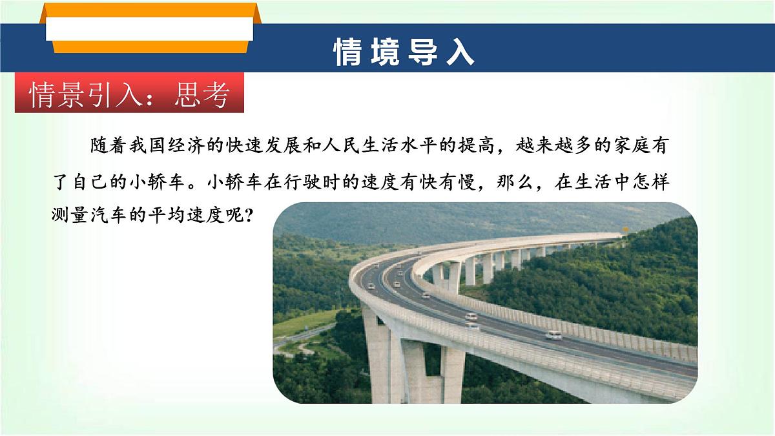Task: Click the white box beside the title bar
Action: (x=150, y=28)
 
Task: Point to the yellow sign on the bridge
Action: (x=625, y=230)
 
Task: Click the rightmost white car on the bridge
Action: (x=553, y=335)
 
